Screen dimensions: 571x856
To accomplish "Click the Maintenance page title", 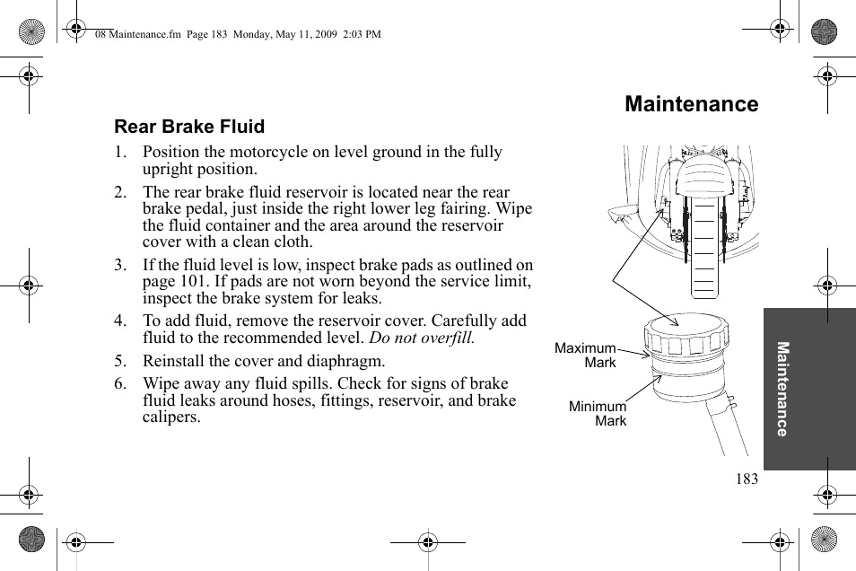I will pyautogui.click(x=691, y=104).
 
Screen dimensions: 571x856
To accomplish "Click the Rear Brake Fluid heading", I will pyautogui.click(x=189, y=127).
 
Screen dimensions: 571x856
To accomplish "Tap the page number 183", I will pyautogui.click(x=747, y=479).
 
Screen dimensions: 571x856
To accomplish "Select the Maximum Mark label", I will pyautogui.click(x=586, y=356).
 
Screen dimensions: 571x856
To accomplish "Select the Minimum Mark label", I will pyautogui.click(x=598, y=414).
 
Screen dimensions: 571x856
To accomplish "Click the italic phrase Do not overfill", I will pyautogui.click(x=422, y=338).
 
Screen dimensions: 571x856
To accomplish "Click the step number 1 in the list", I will pyautogui.click(x=119, y=153).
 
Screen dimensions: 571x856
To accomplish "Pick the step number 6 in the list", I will pyautogui.click(x=119, y=384).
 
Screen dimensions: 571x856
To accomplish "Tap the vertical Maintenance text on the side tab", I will pyautogui.click(x=782, y=389).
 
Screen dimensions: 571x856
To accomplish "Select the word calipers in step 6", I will pyautogui.click(x=171, y=417).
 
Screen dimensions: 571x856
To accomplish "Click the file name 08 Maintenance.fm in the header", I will pyautogui.click(x=130, y=34).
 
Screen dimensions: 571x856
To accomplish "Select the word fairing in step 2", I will pyautogui.click(x=508, y=209).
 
